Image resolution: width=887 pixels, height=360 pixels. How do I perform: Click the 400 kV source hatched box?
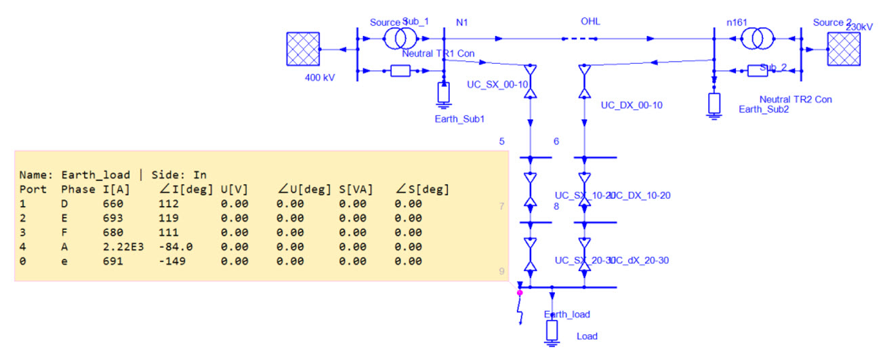(x=303, y=49)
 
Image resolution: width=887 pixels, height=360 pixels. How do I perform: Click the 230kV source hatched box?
(x=844, y=49)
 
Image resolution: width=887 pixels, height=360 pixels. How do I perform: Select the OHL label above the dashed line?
(x=590, y=22)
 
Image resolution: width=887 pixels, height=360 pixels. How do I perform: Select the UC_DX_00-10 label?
(x=631, y=105)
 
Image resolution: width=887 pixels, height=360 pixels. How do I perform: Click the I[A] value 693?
(x=112, y=218)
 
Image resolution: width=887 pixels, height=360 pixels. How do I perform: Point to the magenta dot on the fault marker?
(x=520, y=293)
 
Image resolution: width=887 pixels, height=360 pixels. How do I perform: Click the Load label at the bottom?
(x=587, y=336)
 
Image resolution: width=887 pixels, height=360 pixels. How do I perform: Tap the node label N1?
(x=462, y=22)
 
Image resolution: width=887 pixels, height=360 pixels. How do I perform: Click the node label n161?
(x=736, y=22)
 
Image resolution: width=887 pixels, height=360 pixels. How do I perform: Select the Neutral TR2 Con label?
(x=795, y=99)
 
